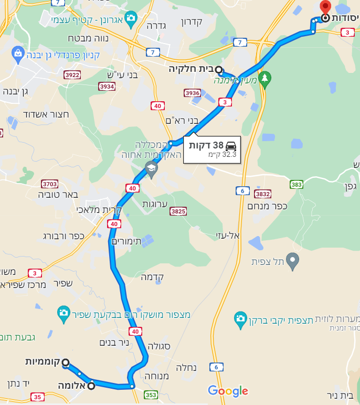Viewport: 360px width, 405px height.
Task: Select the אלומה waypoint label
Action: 71,386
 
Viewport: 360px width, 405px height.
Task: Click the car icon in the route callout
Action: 231,146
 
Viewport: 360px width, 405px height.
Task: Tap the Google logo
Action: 228,391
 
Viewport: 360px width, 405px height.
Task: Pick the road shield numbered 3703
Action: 49,184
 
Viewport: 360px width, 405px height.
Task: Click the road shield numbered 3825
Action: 178,211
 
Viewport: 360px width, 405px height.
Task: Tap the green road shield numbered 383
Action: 297,184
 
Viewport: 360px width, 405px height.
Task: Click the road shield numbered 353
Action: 151,395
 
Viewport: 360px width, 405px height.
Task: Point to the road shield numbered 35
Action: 37,397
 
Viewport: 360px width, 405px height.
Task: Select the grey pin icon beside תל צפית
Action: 293,259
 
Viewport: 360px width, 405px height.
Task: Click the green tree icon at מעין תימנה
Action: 265,78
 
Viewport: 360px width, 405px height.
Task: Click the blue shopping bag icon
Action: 18,53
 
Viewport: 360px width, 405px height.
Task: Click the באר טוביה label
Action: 58,195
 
